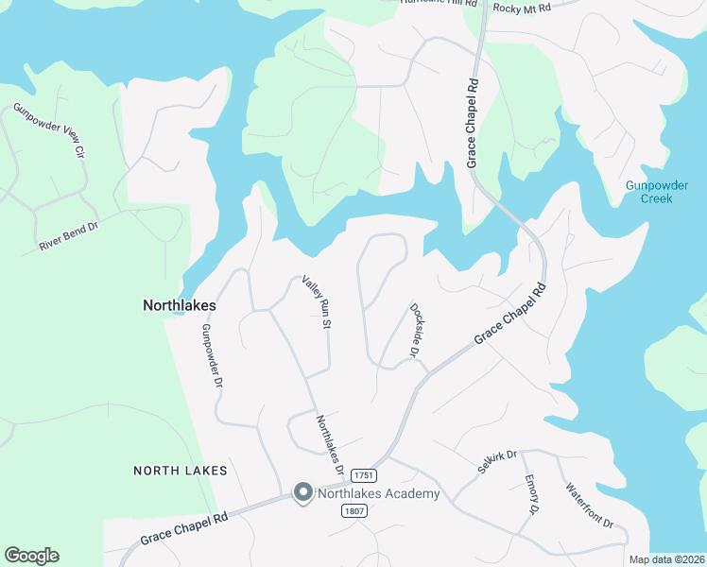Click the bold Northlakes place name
tap(180, 306)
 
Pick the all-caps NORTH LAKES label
tap(181, 470)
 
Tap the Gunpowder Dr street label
tap(211, 357)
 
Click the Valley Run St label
tap(317, 302)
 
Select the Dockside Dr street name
tap(415, 330)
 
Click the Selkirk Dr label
tap(497, 462)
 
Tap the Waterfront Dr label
tap(590, 506)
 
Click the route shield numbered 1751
tap(364, 474)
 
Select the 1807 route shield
tap(354, 510)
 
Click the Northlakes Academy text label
tap(378, 493)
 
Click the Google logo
tap(31, 556)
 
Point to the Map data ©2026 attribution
tap(665, 559)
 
